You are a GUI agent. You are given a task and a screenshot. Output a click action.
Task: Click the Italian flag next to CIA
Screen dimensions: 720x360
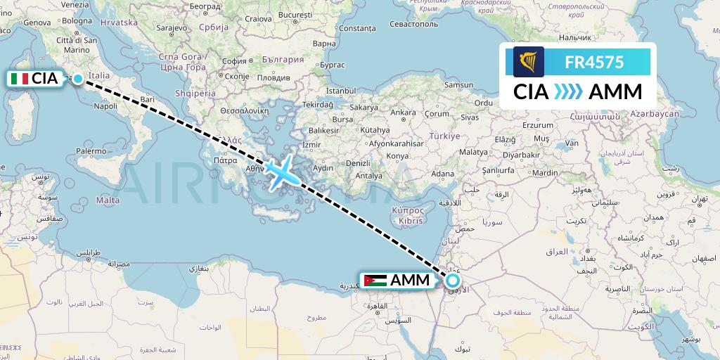click(x=20, y=79)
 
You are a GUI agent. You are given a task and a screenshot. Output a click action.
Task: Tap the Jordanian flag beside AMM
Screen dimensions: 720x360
click(x=375, y=280)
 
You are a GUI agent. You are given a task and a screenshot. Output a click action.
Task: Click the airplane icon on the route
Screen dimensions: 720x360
click(x=282, y=171)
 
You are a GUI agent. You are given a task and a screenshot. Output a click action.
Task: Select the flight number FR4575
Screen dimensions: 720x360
click(x=594, y=62)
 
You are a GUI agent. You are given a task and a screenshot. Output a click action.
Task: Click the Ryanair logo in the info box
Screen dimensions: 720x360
click(x=529, y=62)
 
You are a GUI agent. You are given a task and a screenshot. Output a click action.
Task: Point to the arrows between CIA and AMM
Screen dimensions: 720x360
click(x=568, y=92)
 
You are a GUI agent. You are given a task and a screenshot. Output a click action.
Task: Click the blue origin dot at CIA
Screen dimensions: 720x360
click(x=78, y=79)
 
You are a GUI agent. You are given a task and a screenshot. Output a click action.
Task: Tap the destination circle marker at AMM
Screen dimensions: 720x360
click(x=453, y=281)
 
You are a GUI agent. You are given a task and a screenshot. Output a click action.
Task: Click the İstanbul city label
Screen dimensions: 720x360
click(x=342, y=91)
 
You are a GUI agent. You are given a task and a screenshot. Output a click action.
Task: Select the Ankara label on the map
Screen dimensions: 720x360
click(x=403, y=112)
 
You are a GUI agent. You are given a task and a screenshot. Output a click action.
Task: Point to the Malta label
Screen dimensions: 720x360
click(x=108, y=200)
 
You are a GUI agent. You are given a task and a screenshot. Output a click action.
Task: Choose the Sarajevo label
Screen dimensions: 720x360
click(x=169, y=28)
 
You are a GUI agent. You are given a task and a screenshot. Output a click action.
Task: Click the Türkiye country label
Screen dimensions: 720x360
click(x=444, y=136)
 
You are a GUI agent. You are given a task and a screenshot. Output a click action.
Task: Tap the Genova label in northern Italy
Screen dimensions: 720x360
click(x=37, y=22)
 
